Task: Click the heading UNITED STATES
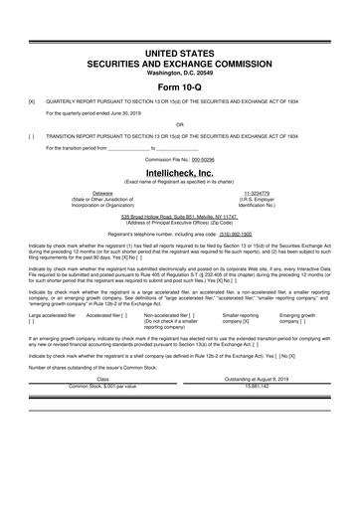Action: click(180, 50)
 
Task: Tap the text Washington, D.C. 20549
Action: click(180, 72)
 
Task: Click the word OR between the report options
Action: click(180, 124)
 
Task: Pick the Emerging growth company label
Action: click(298, 288)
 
